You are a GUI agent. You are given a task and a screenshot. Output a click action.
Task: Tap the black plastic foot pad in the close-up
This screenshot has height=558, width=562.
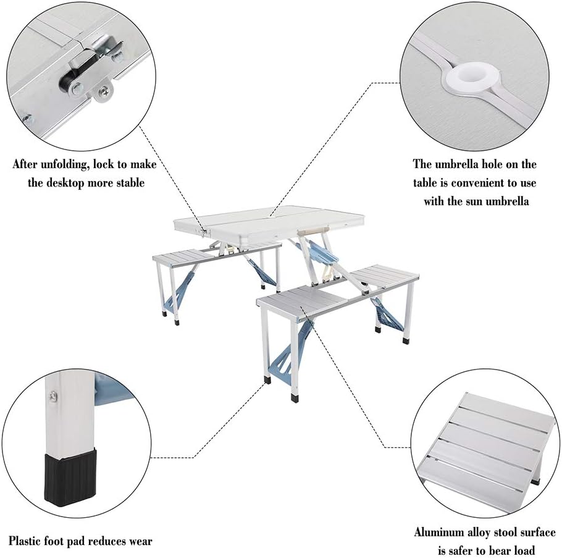pyautogui.click(x=70, y=479)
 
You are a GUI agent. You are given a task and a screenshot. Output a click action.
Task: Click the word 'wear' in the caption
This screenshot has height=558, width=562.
pyautogui.click(x=138, y=541)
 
